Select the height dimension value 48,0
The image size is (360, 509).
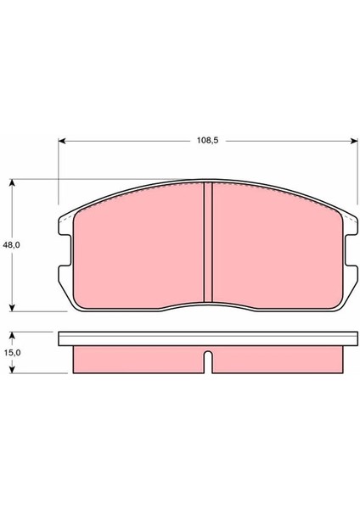point(11,243)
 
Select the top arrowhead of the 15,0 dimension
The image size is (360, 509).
point(13,334)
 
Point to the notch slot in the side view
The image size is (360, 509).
point(206,360)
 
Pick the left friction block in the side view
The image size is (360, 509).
point(136,360)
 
